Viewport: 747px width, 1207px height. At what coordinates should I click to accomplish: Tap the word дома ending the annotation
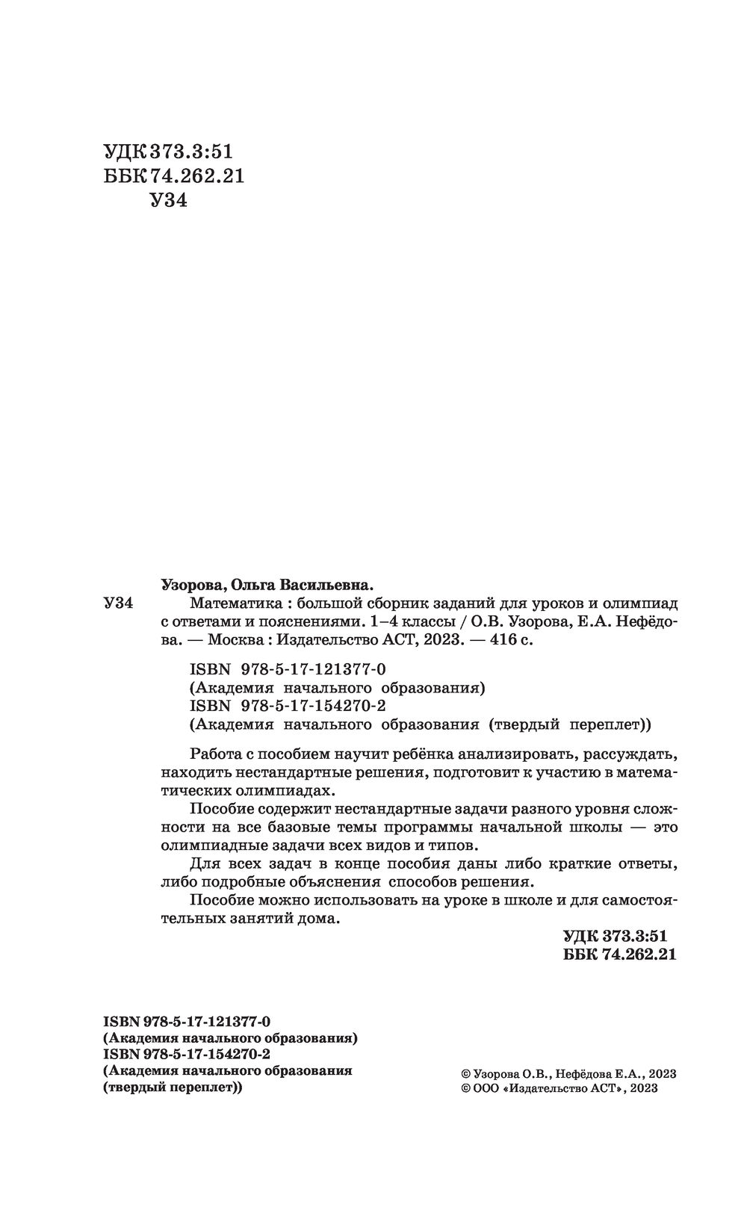[x=322, y=919]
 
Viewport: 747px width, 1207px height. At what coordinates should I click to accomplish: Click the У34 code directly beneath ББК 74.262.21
[x=168, y=200]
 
